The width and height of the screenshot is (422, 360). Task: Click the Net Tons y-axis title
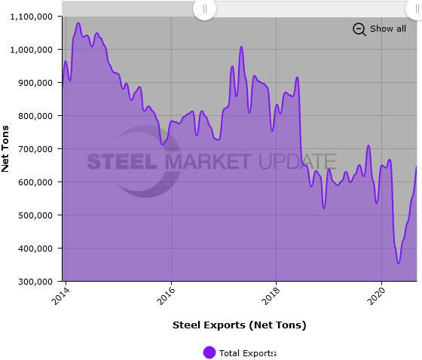[x=6, y=149]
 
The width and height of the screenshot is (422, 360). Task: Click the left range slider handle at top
[x=204, y=8]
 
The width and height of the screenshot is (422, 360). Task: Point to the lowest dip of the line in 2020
[x=399, y=263]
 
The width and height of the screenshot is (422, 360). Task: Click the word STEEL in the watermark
[x=121, y=162]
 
